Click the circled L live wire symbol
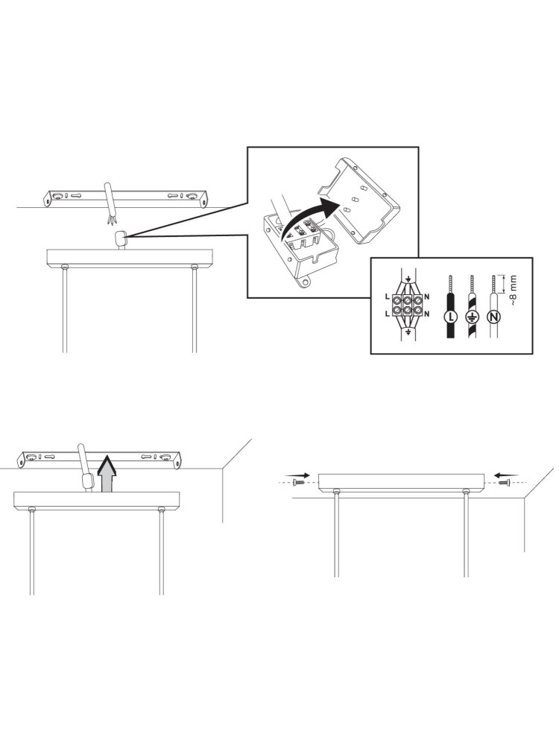click(x=449, y=316)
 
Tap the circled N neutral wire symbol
click(x=494, y=316)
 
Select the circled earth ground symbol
click(x=471, y=316)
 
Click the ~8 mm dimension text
click(x=512, y=290)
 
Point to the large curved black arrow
click(x=305, y=215)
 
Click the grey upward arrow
click(x=107, y=473)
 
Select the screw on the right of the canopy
click(x=504, y=483)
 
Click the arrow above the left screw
click(x=297, y=475)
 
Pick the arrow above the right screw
click(x=506, y=475)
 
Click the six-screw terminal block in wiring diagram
click(x=407, y=305)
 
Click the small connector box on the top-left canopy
click(x=121, y=237)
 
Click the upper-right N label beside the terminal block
click(x=427, y=297)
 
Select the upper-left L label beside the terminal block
click(x=388, y=297)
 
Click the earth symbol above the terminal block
click(x=408, y=274)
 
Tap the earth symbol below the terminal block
click(x=408, y=335)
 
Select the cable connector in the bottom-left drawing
click(x=87, y=481)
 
